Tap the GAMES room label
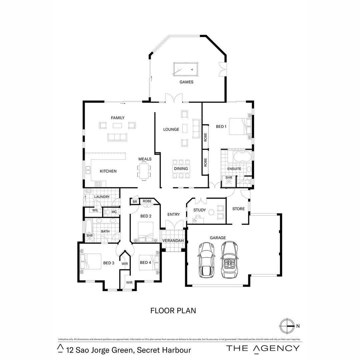click(x=186, y=82)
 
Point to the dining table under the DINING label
click(x=180, y=169)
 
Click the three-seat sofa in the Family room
click(x=117, y=137)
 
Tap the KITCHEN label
click(x=108, y=171)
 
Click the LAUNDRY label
click(x=102, y=197)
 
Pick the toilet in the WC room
click(x=107, y=212)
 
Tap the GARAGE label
click(x=218, y=238)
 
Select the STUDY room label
click(x=199, y=210)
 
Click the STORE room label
click(x=238, y=209)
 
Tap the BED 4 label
click(x=145, y=263)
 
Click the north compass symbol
click(x=287, y=326)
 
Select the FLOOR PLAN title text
click(x=173, y=311)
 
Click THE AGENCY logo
click(x=263, y=348)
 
